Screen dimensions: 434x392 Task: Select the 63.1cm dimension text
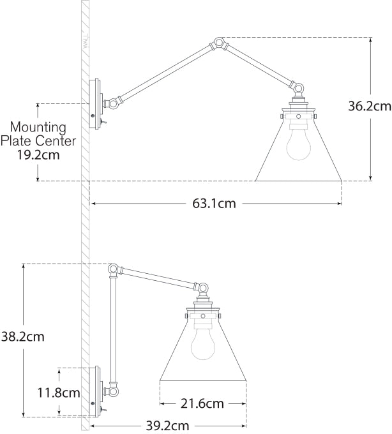coord(214,204)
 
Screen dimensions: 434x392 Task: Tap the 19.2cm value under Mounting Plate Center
coord(38,154)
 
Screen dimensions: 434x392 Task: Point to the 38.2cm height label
coord(24,336)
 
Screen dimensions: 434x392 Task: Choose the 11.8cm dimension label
coord(58,393)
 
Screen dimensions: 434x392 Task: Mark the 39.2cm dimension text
coord(167,425)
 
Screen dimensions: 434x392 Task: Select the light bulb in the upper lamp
coord(298,144)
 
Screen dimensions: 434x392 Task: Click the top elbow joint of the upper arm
coord(219,44)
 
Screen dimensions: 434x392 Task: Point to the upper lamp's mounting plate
coord(97,104)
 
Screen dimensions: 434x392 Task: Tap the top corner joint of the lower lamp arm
coord(114,269)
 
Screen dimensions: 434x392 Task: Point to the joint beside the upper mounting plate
coord(114,101)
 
